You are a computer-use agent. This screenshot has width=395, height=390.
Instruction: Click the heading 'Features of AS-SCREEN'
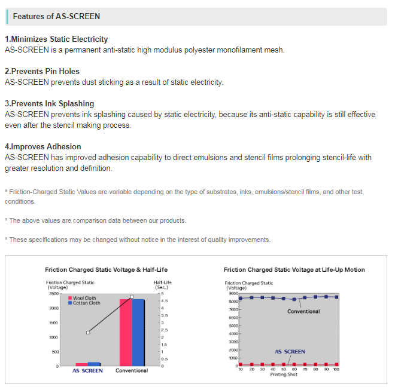[x=56, y=16]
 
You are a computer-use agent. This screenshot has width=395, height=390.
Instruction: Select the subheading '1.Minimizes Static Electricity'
[x=56, y=39]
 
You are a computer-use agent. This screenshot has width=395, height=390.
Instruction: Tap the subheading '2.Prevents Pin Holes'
[x=42, y=71]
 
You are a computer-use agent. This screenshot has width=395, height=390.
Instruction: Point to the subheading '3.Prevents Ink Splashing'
[x=49, y=103]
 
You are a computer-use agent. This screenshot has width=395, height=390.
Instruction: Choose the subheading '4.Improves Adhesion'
[x=42, y=146]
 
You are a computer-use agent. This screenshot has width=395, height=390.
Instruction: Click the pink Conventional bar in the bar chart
[x=126, y=331]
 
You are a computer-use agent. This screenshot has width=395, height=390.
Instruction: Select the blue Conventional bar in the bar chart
[x=138, y=332]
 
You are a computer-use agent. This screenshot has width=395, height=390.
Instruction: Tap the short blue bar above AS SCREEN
[x=94, y=363]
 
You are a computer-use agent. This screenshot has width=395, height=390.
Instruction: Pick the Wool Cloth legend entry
[x=84, y=298]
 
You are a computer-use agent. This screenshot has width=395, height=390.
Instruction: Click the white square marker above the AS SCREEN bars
[x=88, y=332]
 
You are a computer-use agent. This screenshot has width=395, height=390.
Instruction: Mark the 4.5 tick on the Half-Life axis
[x=164, y=301]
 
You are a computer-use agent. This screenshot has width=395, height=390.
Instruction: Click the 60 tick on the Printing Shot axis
[x=294, y=370]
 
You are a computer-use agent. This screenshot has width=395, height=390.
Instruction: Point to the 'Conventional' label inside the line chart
[x=303, y=311]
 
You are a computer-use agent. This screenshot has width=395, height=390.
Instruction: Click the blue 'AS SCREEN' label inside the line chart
[x=290, y=352]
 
